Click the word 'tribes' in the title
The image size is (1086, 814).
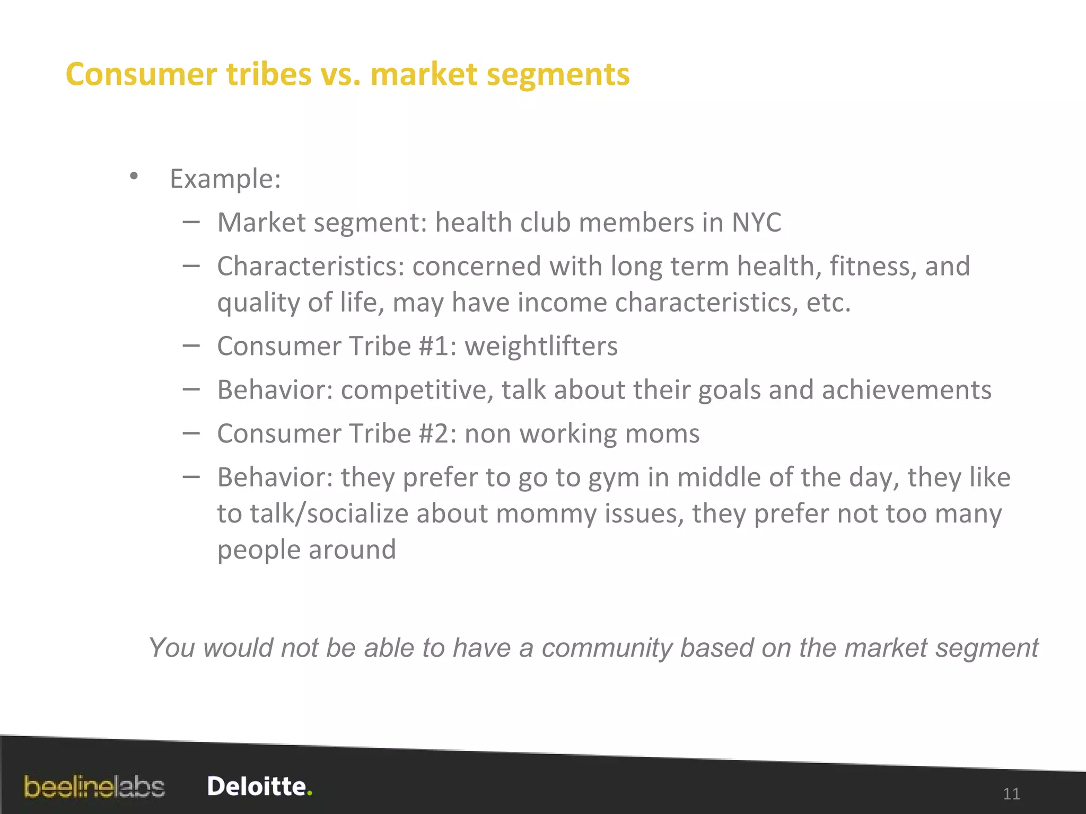269,74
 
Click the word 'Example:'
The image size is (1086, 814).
225,179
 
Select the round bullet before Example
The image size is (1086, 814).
134,176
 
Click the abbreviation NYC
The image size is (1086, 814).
756,223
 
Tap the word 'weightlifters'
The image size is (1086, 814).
541,347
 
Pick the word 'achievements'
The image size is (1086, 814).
906,391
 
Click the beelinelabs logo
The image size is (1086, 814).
94,787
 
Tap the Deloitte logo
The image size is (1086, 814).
259,786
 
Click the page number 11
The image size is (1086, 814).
1011,794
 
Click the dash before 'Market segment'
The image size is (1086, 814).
191,223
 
